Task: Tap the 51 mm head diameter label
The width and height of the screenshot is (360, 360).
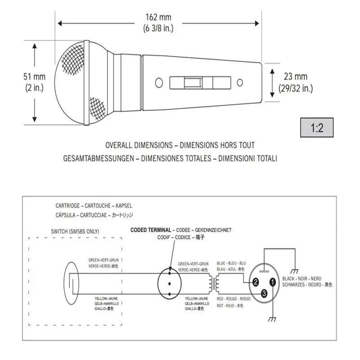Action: (34, 77)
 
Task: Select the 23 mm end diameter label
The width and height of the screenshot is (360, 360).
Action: (295, 77)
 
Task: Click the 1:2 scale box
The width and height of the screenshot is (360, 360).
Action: (317, 128)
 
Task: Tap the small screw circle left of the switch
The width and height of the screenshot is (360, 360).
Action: (158, 83)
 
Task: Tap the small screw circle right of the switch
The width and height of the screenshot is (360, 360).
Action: (240, 83)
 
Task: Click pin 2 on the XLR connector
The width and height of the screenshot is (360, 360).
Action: (255, 283)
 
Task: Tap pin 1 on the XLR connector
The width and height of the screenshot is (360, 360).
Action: (273, 283)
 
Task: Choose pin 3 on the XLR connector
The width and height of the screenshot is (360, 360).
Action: (264, 293)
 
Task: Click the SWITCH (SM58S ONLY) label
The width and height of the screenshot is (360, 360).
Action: (76, 231)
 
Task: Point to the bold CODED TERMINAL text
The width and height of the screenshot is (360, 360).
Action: (151, 229)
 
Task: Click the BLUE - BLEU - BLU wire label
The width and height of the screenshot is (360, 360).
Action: (231, 263)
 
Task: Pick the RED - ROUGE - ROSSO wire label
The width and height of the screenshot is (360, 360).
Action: (234, 299)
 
